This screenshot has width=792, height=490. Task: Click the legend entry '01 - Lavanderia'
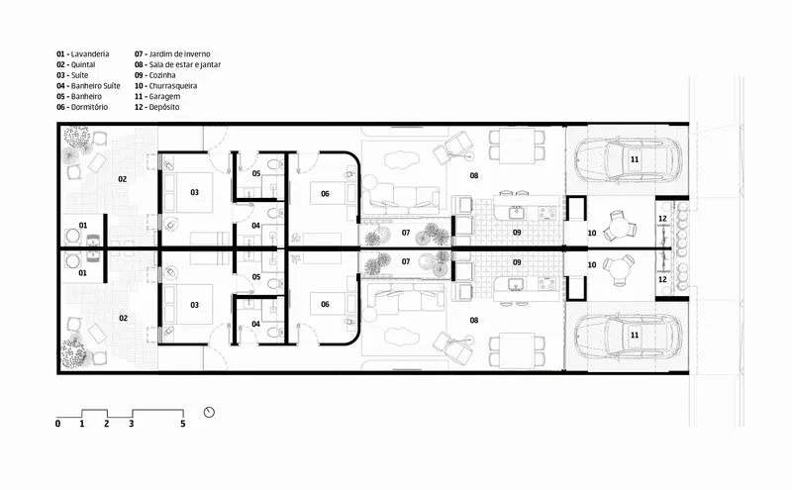tap(83, 54)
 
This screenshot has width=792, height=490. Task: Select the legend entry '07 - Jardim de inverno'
tap(172, 54)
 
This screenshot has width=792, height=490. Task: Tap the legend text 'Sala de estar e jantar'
tap(185, 64)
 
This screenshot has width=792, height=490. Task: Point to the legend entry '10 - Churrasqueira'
tap(165, 86)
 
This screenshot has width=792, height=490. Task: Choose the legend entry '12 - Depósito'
tap(156, 107)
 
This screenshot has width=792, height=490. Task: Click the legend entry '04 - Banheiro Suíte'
tap(88, 86)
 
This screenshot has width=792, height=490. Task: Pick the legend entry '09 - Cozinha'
tap(155, 75)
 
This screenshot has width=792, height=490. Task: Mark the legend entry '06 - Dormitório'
tap(82, 107)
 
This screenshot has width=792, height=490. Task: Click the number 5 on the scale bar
tap(183, 424)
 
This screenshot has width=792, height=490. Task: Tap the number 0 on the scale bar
tap(57, 424)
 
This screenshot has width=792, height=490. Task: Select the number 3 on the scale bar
tap(132, 424)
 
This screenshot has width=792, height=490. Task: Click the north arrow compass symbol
tap(209, 412)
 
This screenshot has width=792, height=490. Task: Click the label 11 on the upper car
tap(635, 159)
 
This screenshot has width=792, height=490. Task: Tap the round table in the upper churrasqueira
tap(620, 226)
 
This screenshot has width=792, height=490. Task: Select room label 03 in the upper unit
tap(194, 192)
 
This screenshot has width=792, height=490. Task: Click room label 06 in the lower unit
tap(325, 304)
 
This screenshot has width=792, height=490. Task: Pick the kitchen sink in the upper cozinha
tap(516, 213)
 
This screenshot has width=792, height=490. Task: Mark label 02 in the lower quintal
tap(123, 318)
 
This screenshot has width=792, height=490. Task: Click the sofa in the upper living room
tap(402, 198)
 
